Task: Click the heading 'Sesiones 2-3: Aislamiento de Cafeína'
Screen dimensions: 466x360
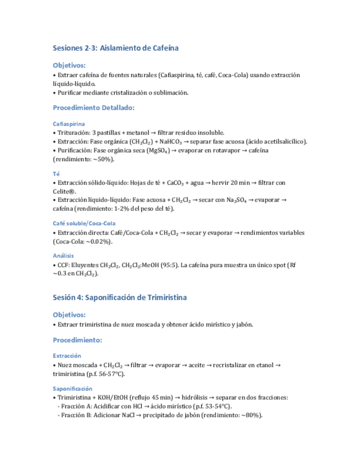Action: coord(115,48)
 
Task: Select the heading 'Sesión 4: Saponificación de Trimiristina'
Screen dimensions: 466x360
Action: coord(120,297)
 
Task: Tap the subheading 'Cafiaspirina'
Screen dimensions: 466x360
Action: coord(69,124)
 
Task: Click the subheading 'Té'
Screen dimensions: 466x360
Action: coord(56,174)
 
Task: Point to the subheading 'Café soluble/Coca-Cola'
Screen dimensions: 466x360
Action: coord(84,223)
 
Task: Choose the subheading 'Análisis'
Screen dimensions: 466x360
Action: coord(64,256)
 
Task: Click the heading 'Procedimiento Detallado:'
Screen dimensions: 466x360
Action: coord(93,108)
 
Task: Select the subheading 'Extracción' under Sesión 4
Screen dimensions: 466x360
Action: coord(67,356)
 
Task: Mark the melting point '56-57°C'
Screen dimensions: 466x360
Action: coord(107,374)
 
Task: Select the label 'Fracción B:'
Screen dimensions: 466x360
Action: coord(76,415)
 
